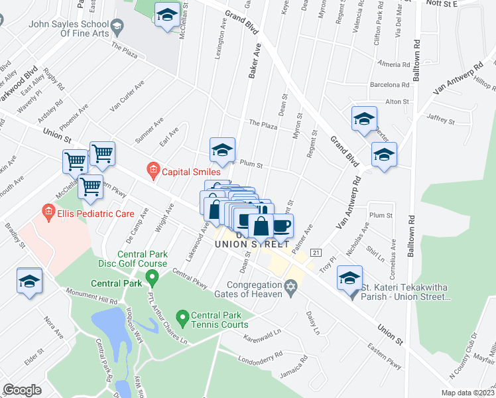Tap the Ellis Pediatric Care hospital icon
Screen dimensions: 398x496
(x=48, y=214)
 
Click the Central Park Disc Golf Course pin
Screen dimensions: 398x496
(x=151, y=275)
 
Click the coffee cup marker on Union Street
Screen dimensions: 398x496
(x=281, y=226)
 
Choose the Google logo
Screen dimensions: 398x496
(x=23, y=390)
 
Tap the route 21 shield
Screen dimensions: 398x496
(x=316, y=253)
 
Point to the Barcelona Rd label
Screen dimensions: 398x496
(x=389, y=85)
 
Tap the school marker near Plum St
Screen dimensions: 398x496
(x=222, y=151)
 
